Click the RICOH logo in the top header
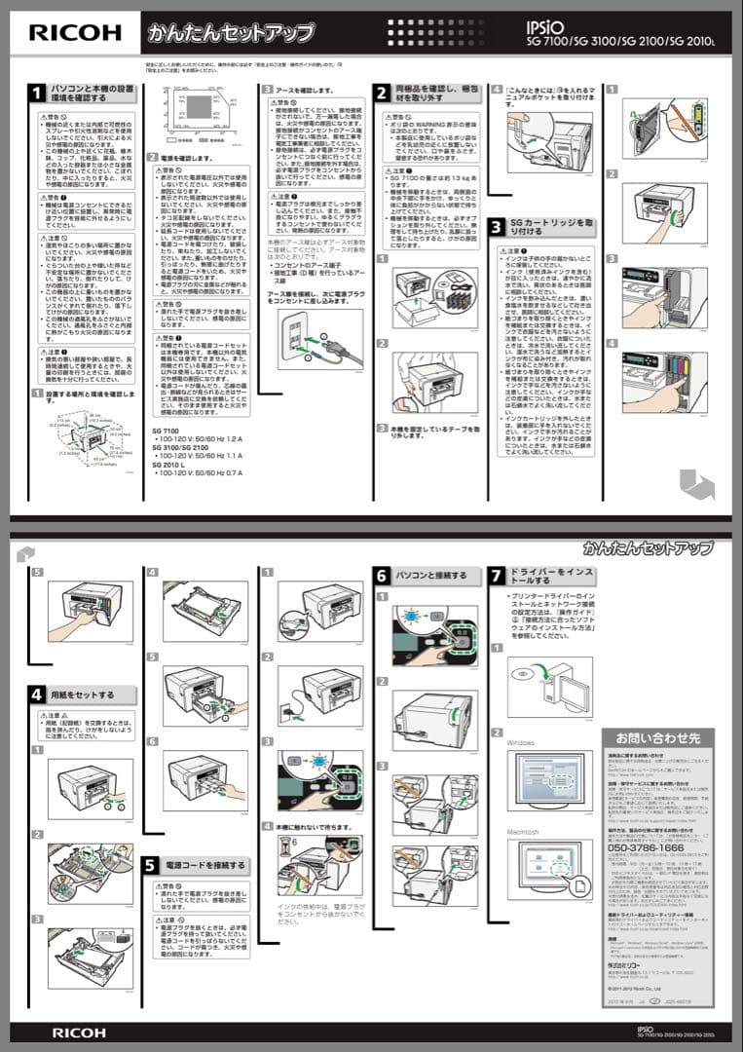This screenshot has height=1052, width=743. (x=74, y=33)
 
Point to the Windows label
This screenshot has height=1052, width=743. (x=521, y=743)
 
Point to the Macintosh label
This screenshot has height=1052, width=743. (x=525, y=832)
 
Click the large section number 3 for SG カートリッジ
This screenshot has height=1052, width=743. (x=497, y=227)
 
